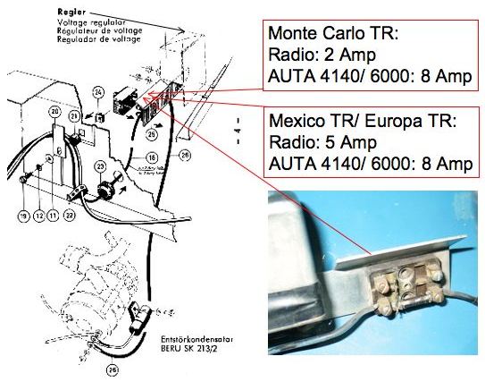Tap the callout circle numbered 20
(x=55, y=112)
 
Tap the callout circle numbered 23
(x=101, y=167)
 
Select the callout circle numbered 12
(x=38, y=216)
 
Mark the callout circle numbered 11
(x=53, y=216)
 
